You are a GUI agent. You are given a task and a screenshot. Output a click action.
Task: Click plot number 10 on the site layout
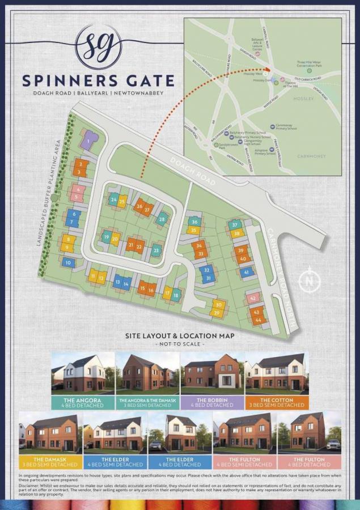click(x=69, y=262)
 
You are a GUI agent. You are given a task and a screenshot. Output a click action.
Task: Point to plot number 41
click(x=246, y=272)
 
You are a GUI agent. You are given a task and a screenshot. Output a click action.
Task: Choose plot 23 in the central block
click(x=156, y=249)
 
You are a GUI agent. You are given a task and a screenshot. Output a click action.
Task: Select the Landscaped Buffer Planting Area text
click(x=49, y=193)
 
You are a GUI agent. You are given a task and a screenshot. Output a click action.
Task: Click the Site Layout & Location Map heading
click(x=180, y=336)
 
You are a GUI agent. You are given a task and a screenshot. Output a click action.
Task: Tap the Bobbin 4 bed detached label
click(x=212, y=402)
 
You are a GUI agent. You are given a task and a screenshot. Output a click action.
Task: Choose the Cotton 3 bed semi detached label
click(x=277, y=402)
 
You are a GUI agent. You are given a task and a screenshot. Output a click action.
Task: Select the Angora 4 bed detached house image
click(x=83, y=372)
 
